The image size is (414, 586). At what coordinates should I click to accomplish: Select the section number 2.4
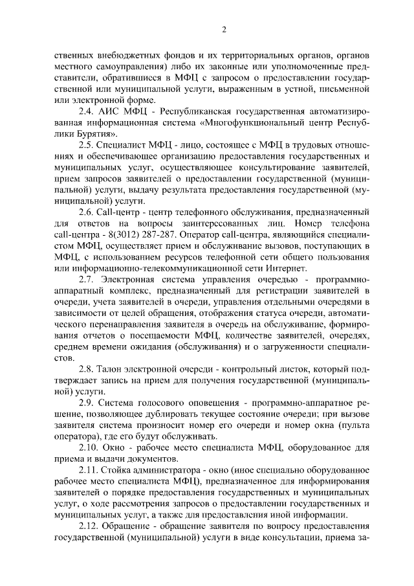[x=87, y=111]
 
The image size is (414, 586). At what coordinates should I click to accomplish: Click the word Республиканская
[x=199, y=111]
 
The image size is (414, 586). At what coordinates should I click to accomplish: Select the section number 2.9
[x=87, y=403]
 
